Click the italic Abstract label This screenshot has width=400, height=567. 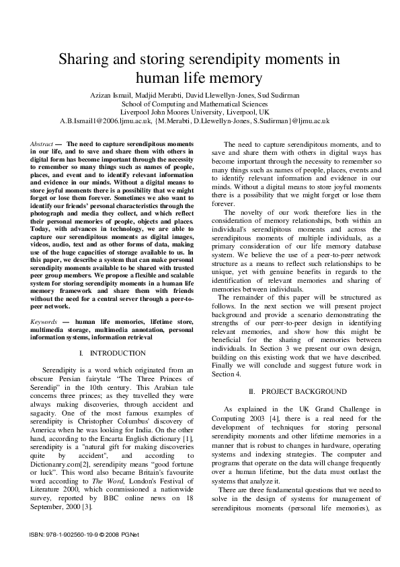42,145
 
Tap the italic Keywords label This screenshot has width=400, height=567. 44,322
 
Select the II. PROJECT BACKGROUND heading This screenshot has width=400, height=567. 298,391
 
